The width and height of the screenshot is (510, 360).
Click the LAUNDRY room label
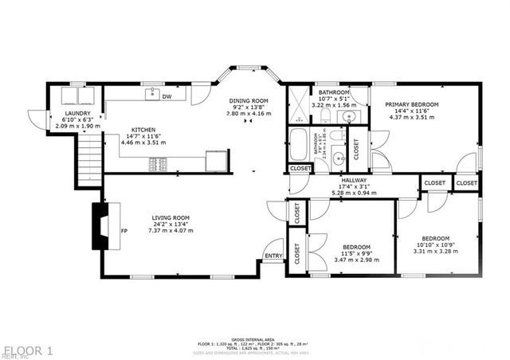tap(77, 113)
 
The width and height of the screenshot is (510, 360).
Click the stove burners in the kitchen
tap(159, 164)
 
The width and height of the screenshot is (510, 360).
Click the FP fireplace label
tap(124, 231)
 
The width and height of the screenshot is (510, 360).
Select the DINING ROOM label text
tap(249, 100)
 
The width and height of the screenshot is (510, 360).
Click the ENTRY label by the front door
tap(273, 256)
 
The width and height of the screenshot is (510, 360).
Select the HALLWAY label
tap(353, 181)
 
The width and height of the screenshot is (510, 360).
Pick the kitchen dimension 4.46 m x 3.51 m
tap(143, 143)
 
